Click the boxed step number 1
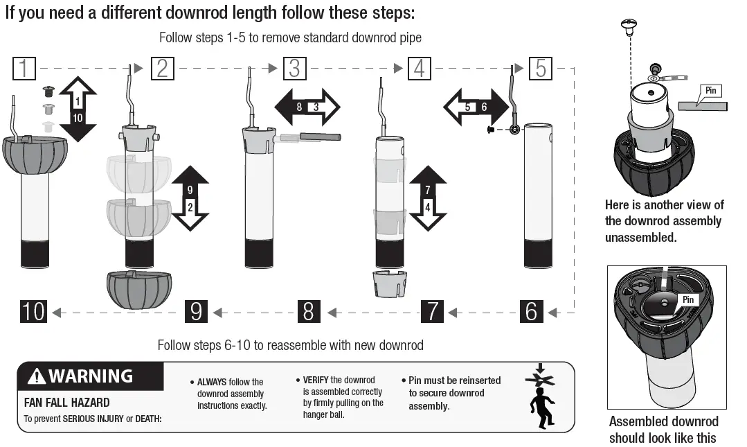pos(24,69)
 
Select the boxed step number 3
pos(294,69)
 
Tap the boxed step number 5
pos(541,69)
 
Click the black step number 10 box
pos(33,311)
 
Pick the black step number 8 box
pos(309,311)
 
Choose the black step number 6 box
pos(531,311)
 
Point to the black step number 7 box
pos(432,311)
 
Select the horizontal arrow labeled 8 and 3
pos(307,107)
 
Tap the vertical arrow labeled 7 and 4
pos(428,198)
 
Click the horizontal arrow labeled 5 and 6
pos(476,107)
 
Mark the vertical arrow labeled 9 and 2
pos(190,198)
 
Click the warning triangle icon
pos(36,377)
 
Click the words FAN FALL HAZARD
pos(66,403)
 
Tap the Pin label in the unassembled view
pos(710,91)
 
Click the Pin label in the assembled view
pos(688,300)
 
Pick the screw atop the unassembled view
pos(629,28)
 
